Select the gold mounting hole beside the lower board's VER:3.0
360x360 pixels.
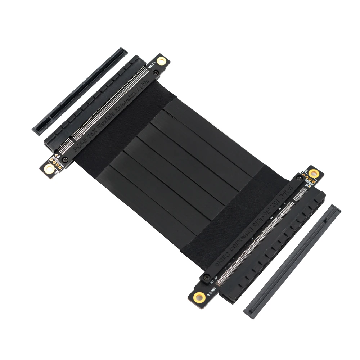[199, 297]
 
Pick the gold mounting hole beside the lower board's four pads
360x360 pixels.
[314, 174]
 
